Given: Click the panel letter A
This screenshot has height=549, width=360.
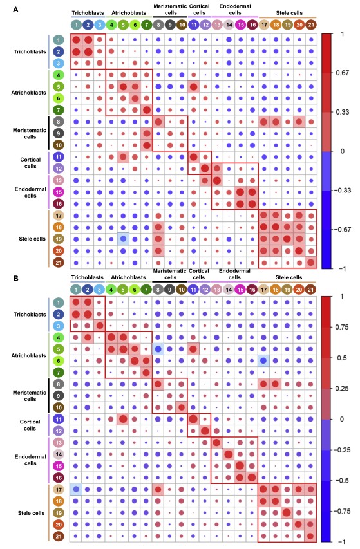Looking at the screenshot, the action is pos(15,10).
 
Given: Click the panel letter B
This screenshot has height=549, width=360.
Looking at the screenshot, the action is pos(15,278).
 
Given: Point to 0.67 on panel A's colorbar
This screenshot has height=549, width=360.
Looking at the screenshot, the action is pos(343,73).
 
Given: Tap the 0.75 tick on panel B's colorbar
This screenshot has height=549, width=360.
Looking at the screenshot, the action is pos(343,327).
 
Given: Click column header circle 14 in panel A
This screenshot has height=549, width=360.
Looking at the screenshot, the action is pos(229,25).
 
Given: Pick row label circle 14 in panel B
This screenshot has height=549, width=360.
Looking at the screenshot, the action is pos(59,454).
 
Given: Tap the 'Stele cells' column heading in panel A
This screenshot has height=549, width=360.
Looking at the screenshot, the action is pos(289,13).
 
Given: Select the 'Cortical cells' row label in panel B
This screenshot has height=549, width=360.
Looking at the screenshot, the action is pos(30,425).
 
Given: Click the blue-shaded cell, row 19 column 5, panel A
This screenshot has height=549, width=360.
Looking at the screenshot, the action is pos(123,239).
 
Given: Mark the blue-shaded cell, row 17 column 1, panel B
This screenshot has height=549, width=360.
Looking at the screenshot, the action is pos(76,489).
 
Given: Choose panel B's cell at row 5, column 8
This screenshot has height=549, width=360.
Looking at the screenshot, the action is pos(158,349).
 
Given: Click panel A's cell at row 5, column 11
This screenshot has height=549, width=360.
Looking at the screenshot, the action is pos(193,87).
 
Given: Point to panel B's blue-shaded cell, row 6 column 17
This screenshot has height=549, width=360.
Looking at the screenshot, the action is pos(263,360).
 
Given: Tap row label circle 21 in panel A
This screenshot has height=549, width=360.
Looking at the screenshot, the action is pos(59,263).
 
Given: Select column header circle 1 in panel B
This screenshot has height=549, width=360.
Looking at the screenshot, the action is pos(75,290).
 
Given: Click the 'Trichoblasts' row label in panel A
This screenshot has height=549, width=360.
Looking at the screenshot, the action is pos(30,52).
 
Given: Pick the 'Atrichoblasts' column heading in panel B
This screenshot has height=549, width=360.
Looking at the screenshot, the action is pos(129,277).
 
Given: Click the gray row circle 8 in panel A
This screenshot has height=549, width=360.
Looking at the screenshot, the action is pos(59,122).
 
